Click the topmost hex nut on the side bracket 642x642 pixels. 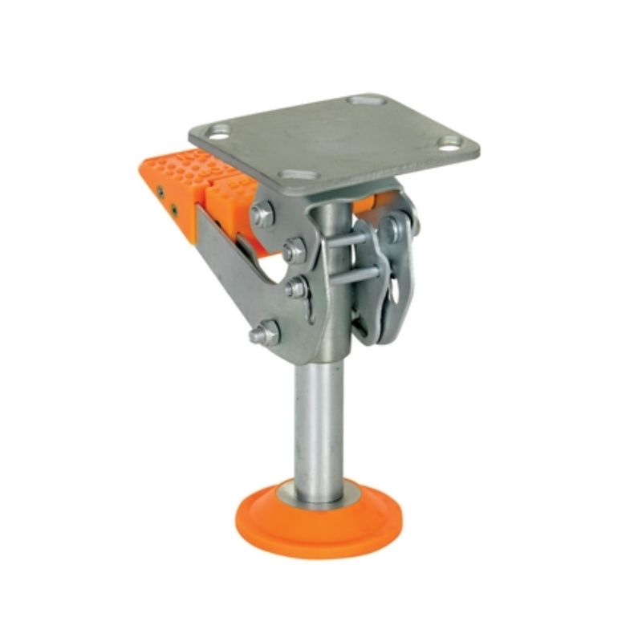pos(262,213)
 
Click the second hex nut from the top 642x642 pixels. pos(294,250)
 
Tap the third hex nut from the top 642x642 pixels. pos(296,287)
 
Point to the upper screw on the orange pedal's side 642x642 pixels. pos(160,191)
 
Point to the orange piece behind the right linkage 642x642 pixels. pos(368,204)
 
